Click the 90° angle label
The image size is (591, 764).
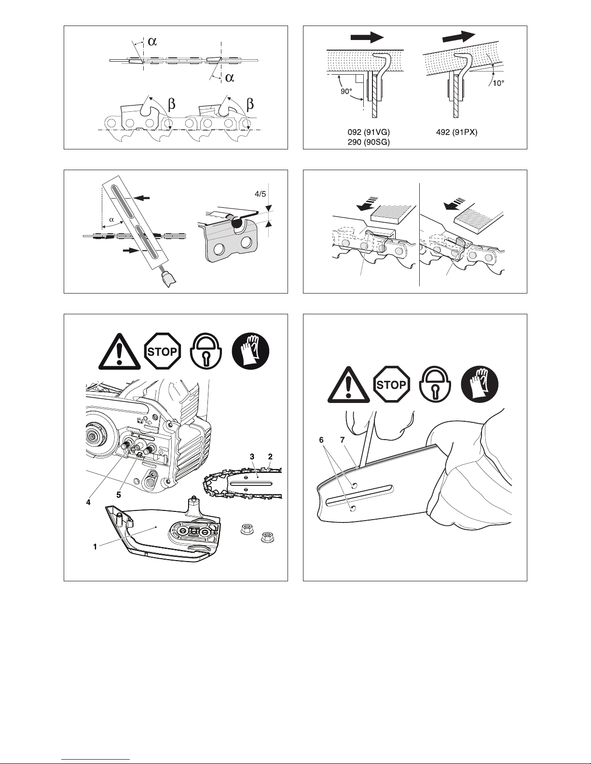point(346,92)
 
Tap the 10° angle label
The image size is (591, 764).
point(498,83)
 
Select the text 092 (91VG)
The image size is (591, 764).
point(369,132)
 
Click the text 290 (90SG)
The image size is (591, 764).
point(369,142)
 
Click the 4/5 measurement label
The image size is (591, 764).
point(261,194)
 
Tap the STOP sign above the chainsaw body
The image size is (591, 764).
point(163,351)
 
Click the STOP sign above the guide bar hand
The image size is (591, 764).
point(392,384)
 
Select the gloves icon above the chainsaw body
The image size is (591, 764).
point(250,351)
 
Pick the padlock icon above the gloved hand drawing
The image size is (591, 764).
point(436,385)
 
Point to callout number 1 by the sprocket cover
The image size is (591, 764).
point(95,547)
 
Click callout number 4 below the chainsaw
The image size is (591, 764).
point(88,502)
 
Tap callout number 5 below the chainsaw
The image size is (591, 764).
point(119,495)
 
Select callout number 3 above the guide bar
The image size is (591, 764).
point(252,456)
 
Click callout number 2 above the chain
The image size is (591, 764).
point(270,456)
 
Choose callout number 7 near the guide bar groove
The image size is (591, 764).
point(342,440)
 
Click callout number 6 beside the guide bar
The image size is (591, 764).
point(321,440)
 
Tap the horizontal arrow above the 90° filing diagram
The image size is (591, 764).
point(367,37)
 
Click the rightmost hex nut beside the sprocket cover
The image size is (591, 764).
point(267,537)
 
